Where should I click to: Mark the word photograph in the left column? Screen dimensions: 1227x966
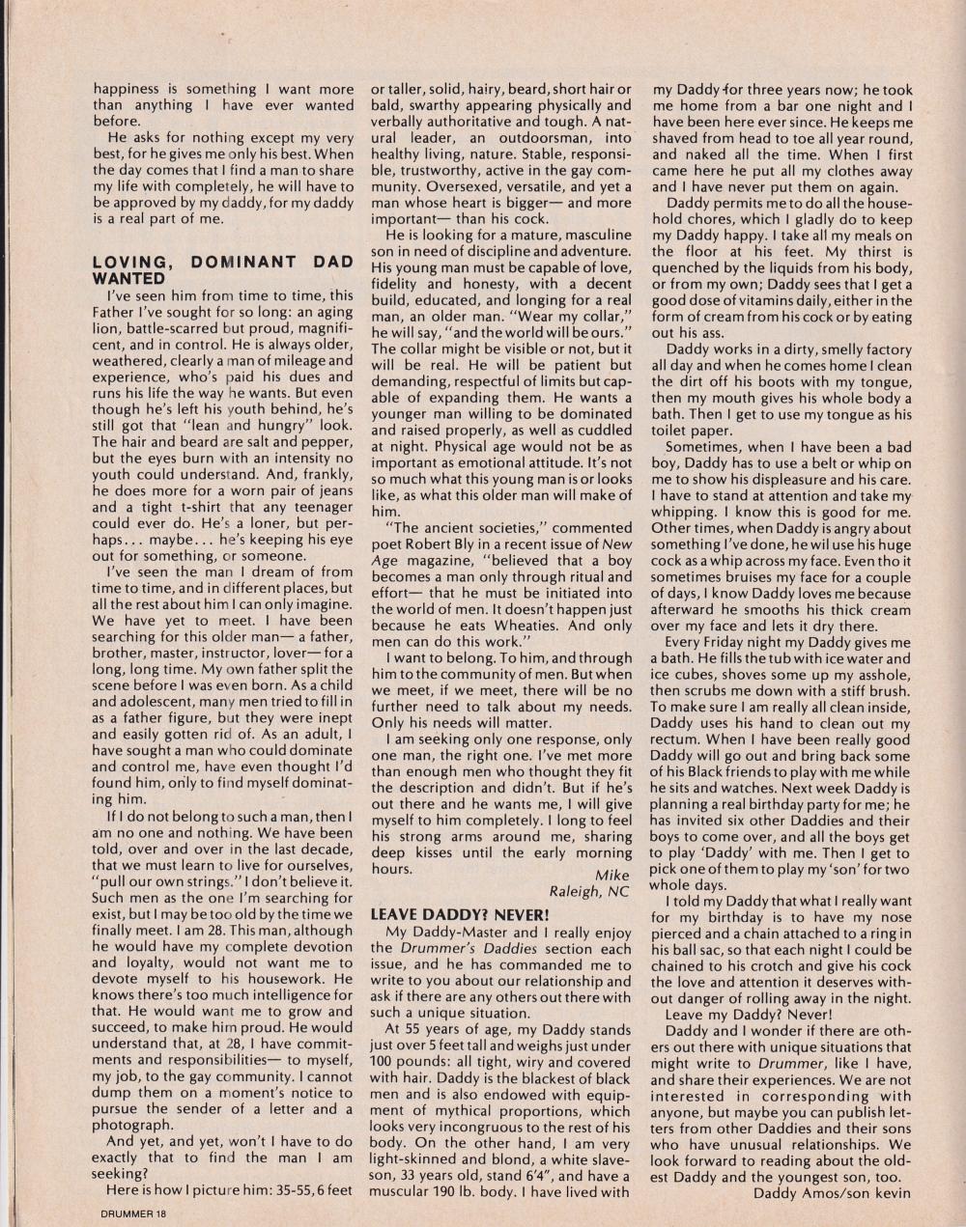pos(132,1125)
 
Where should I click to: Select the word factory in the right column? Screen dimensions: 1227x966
pos(883,349)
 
